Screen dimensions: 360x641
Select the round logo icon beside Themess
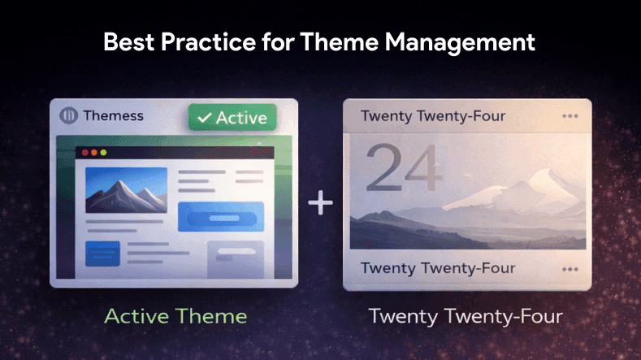(x=68, y=115)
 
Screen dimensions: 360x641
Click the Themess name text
(x=113, y=115)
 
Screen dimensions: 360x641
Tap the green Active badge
(x=232, y=117)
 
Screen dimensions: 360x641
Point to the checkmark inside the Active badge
(x=204, y=118)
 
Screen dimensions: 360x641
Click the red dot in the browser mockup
(x=82, y=152)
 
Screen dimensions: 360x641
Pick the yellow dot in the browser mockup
(x=93, y=152)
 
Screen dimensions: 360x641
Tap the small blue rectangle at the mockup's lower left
(x=102, y=252)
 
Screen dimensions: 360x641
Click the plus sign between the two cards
(x=321, y=203)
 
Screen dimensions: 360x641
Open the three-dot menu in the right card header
(x=570, y=116)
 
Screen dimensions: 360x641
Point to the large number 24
(x=402, y=171)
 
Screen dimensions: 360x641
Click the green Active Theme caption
(x=175, y=315)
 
